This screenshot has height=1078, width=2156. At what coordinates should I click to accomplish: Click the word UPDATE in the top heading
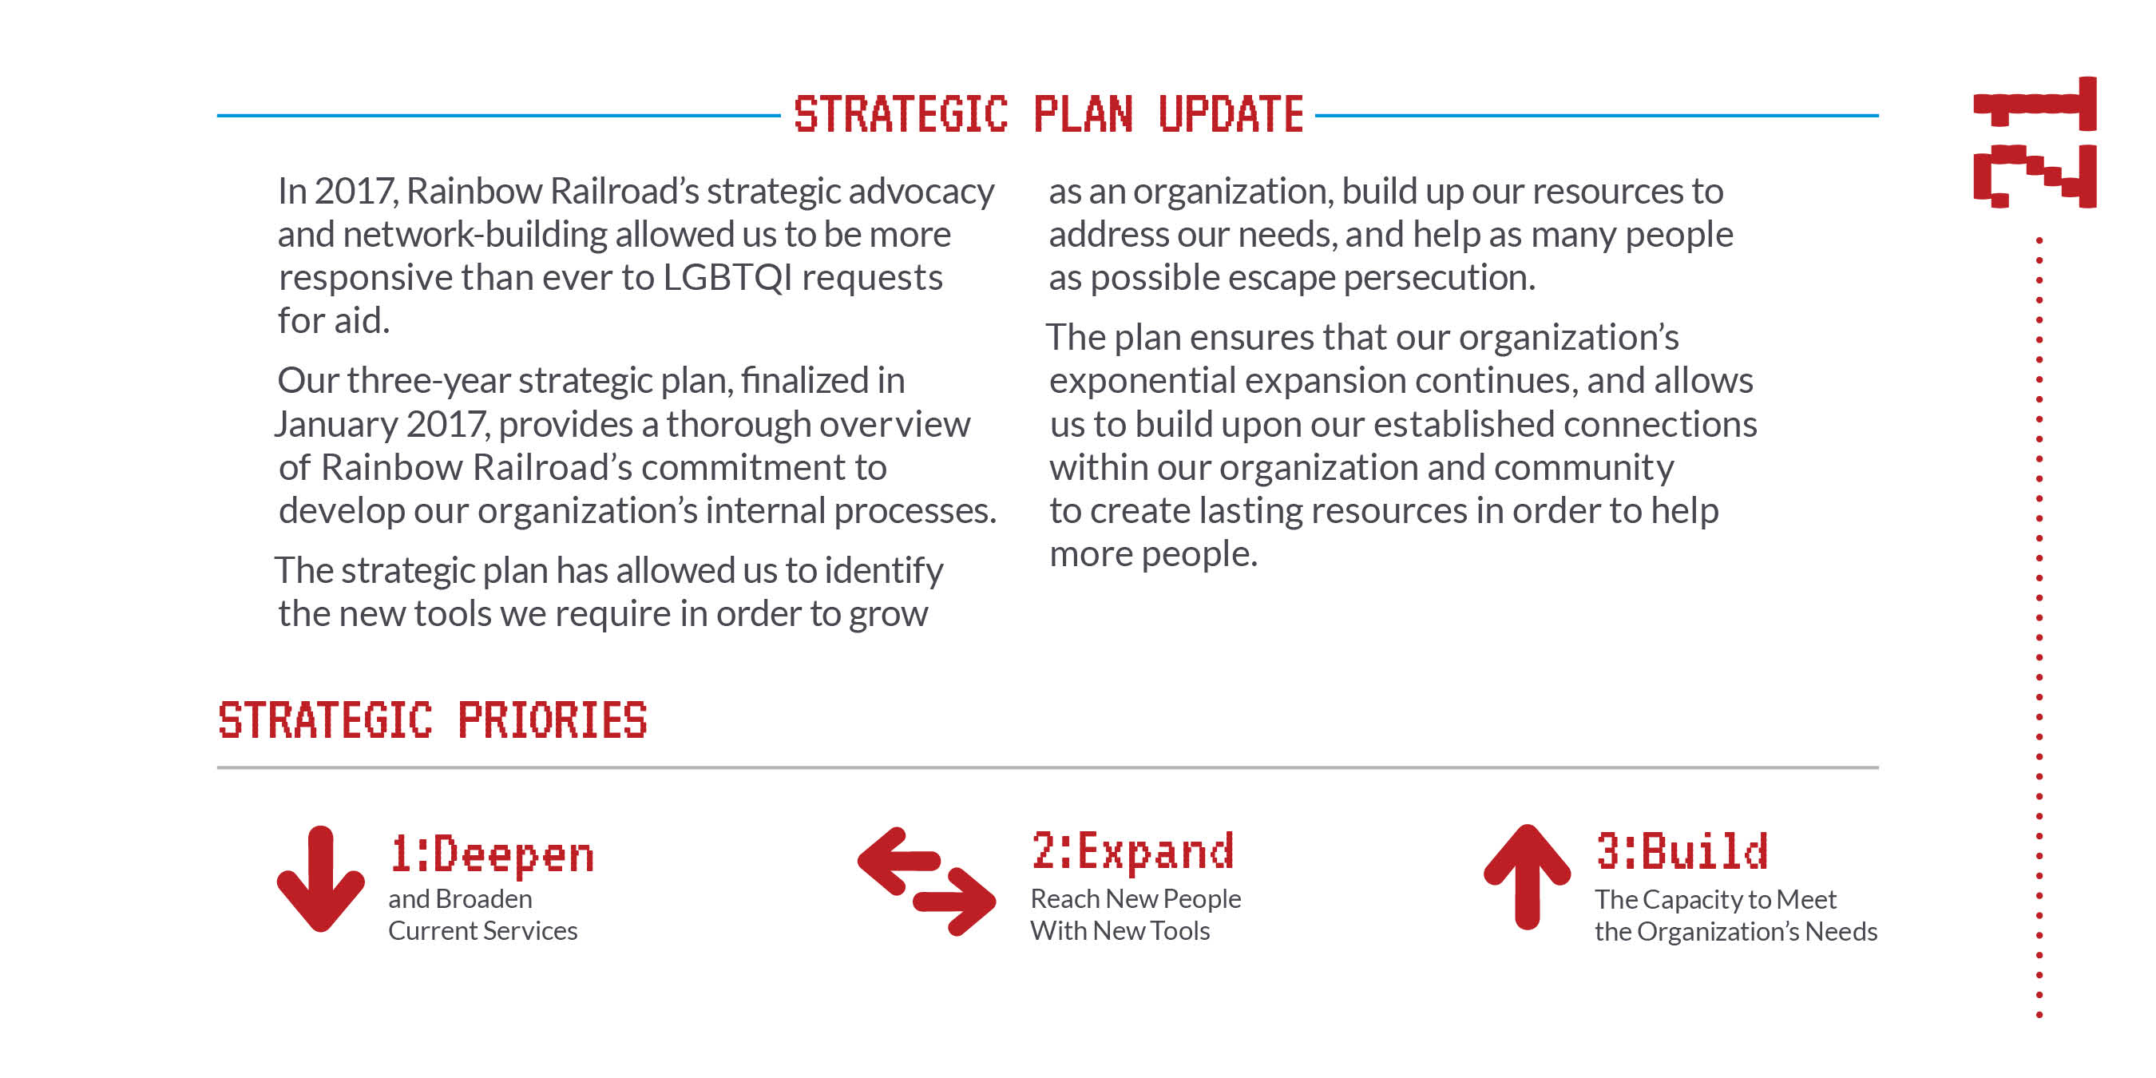(1231, 115)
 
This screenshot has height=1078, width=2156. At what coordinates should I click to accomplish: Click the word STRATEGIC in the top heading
(901, 115)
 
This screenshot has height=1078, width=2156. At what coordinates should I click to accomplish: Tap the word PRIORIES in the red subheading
(553, 719)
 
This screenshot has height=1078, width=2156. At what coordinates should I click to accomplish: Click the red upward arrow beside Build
(1528, 876)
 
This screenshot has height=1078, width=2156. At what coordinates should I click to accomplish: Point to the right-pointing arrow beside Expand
(954, 902)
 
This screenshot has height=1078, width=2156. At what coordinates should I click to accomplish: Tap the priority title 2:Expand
(1132, 852)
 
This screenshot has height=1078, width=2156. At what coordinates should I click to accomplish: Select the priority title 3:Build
(1682, 851)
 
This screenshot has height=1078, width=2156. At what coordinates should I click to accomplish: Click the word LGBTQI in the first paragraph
(727, 277)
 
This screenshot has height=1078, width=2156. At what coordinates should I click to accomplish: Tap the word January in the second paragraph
(335, 424)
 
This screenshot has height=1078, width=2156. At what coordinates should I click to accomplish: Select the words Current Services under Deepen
(483, 931)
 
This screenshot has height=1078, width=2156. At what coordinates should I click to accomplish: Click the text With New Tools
(1120, 931)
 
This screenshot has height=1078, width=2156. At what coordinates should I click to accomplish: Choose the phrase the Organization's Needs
(1736, 932)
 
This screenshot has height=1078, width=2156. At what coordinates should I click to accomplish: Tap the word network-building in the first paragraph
(475, 234)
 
